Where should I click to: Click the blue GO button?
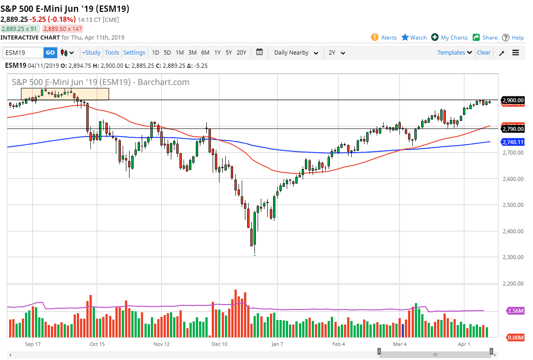point(50,53)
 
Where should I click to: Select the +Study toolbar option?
point(91,53)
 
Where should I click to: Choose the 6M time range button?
point(205,53)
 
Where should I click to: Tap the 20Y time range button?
point(241,53)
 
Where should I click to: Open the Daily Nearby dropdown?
point(296,53)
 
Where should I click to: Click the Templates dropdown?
point(454,53)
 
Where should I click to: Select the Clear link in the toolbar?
point(483,53)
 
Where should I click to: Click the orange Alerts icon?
point(375,37)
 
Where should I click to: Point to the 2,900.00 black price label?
point(513,100)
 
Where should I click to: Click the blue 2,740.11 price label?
point(513,142)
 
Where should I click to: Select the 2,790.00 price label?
point(513,129)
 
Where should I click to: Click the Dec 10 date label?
point(219,344)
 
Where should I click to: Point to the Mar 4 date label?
point(399,344)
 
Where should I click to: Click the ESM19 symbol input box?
point(23,53)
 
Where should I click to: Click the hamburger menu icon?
point(516,53)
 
